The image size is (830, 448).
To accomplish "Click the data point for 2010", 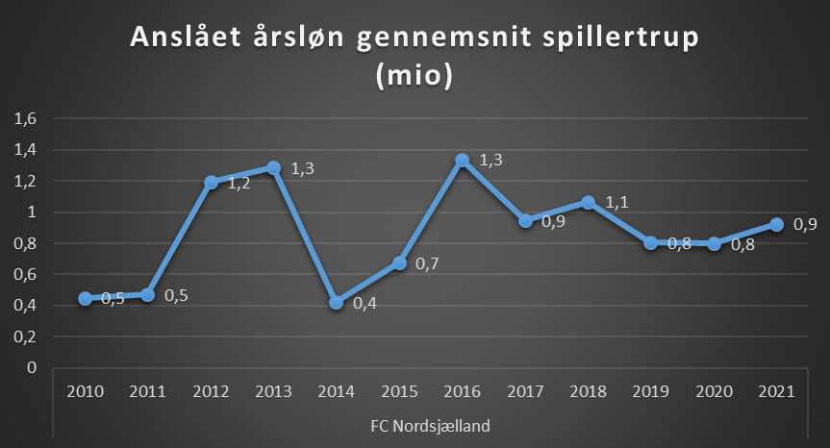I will click(x=85, y=299).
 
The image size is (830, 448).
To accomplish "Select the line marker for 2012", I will click(x=211, y=182).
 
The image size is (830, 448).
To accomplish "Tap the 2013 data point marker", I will click(x=273, y=168).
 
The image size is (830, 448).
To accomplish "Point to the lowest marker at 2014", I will click(x=336, y=302).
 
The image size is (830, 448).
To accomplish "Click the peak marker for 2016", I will click(x=462, y=161).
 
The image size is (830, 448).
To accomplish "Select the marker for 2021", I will click(x=775, y=224).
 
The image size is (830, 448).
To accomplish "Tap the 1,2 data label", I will click(x=239, y=183).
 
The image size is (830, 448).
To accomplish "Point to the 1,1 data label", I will click(x=616, y=203).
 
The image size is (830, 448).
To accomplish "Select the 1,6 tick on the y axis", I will click(x=25, y=118).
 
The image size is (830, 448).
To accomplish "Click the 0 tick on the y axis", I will click(x=31, y=367).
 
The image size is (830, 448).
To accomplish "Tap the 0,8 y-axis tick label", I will click(x=25, y=243).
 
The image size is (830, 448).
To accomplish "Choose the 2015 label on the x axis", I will click(x=398, y=393).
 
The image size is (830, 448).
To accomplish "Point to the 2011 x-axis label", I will click(x=147, y=393).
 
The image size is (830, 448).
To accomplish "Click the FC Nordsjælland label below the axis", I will click(x=430, y=424).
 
